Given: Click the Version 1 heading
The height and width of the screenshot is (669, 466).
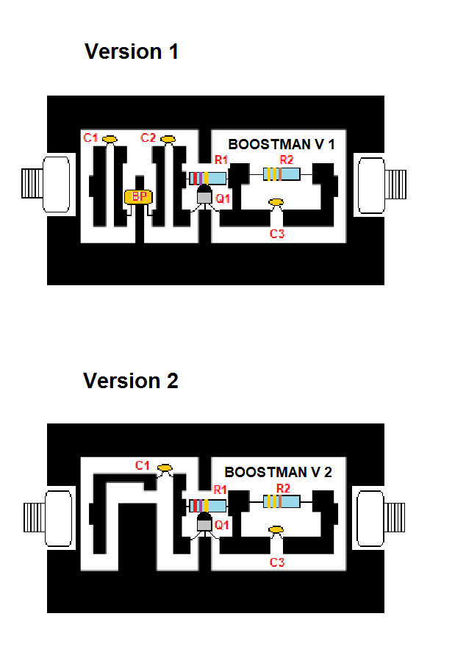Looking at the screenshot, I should click(132, 52).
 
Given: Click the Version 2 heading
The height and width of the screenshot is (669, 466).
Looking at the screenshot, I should click(131, 382).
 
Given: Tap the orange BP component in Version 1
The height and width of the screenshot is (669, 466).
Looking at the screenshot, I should click(137, 197).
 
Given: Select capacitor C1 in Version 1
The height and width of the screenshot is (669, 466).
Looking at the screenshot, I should click(110, 138).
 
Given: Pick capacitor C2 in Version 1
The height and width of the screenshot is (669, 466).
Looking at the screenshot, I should click(168, 138).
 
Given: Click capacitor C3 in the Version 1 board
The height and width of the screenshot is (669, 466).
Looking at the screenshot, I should click(276, 202).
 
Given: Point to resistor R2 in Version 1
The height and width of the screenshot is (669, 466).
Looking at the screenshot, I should click(282, 174).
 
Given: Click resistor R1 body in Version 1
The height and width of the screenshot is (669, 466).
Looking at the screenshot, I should click(207, 178).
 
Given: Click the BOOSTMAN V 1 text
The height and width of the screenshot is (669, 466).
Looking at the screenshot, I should click(282, 145).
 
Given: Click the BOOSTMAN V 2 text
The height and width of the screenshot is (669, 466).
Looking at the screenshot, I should click(278, 473).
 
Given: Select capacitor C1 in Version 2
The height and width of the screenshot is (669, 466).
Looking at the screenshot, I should click(165, 467).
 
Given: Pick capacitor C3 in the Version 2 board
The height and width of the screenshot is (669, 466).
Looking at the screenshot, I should click(276, 529).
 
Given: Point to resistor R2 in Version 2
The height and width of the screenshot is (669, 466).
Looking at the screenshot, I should click(282, 502).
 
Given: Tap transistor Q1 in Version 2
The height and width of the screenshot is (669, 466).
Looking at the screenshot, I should click(204, 523).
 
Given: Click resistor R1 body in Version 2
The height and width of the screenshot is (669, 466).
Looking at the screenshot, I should click(207, 506).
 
